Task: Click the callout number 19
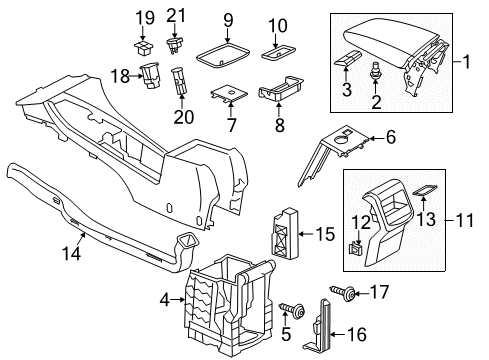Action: click(145, 18)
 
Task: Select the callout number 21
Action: click(176, 15)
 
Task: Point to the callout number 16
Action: click(357, 334)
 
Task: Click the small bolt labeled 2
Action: click(376, 70)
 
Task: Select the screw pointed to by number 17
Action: click(343, 292)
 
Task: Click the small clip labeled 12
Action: click(355, 248)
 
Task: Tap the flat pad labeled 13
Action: click(425, 190)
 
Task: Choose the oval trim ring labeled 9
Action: click(223, 55)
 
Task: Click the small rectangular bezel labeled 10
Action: click(279, 52)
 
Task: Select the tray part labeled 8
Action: click(280, 88)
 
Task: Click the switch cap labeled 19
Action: click(144, 47)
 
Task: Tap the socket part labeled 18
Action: click(150, 75)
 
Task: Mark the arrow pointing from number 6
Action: click(376, 138)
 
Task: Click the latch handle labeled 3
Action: click(348, 59)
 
